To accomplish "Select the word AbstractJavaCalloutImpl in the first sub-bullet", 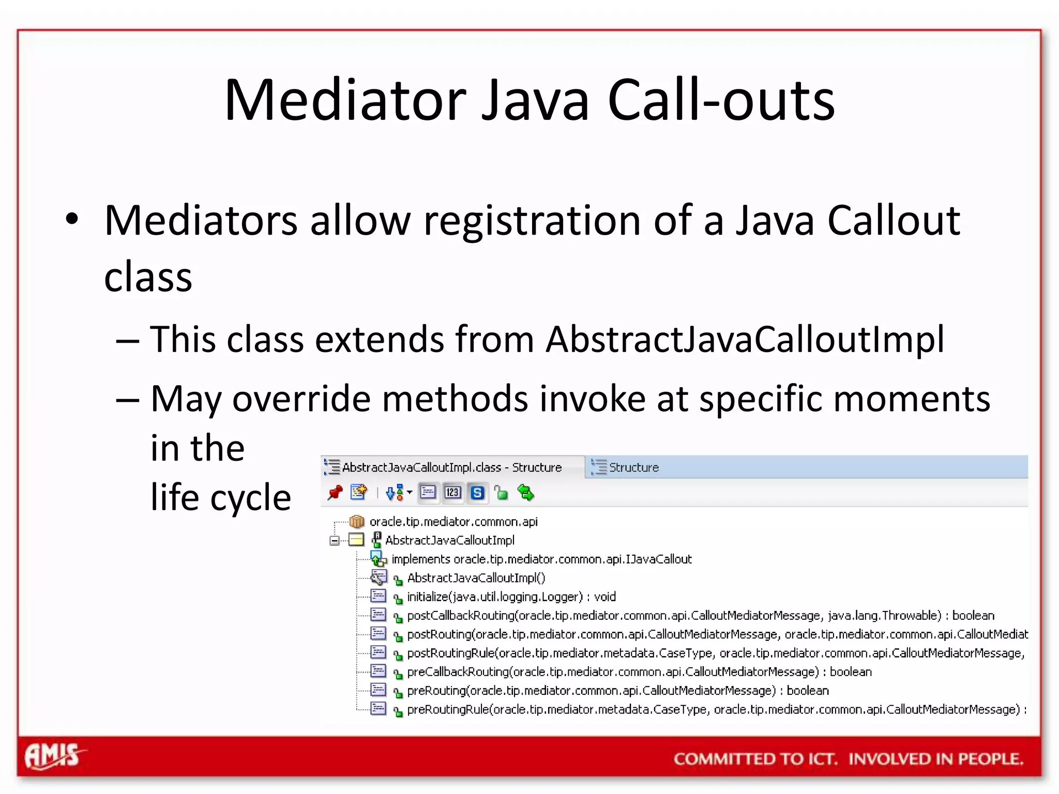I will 745,340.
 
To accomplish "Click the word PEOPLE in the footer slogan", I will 990,759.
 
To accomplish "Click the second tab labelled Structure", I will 633,467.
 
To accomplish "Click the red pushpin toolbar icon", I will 335,493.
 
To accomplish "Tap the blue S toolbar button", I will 477,493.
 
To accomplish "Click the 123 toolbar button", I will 452,493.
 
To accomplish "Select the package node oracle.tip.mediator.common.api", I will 453,522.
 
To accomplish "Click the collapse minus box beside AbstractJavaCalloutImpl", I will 335,541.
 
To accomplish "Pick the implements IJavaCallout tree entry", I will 541,559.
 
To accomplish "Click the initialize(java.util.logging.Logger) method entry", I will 511,597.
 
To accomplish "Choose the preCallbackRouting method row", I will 639,672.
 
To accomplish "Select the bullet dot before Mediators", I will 72,219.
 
